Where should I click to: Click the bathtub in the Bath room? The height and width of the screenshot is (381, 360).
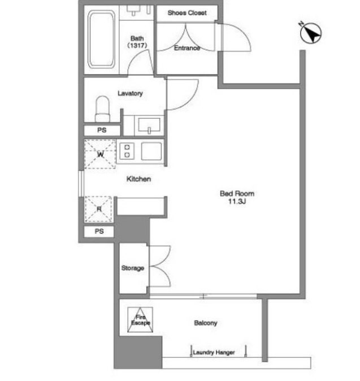pyautogui.click(x=101, y=40)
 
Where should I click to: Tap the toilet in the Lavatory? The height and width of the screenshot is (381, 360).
pyautogui.click(x=102, y=109)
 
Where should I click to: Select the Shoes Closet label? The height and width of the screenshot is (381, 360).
pyautogui.click(x=187, y=12)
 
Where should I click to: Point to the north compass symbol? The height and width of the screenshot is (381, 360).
pyautogui.click(x=311, y=33)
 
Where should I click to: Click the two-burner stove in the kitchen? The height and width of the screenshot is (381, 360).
pyautogui.click(x=127, y=151)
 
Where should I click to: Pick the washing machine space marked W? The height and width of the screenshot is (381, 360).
pyautogui.click(x=100, y=154)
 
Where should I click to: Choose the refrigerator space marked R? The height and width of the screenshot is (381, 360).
pyautogui.click(x=99, y=209)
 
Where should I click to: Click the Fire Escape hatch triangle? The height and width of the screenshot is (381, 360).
pyautogui.click(x=140, y=320)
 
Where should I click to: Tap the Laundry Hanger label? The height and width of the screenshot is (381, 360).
pyautogui.click(x=214, y=352)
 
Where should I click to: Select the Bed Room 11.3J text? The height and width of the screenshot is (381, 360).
pyautogui.click(x=237, y=197)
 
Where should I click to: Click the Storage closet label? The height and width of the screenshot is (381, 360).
pyautogui.click(x=133, y=268)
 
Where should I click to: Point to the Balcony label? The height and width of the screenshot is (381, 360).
pyautogui.click(x=206, y=323)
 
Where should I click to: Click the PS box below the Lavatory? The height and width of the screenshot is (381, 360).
pyautogui.click(x=102, y=130)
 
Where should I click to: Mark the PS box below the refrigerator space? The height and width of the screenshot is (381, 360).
pyautogui.click(x=99, y=231)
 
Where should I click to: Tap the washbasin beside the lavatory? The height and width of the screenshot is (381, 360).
pyautogui.click(x=149, y=125)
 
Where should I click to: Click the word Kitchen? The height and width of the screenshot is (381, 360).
pyautogui.click(x=138, y=179)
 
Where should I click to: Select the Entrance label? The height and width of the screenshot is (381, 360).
pyautogui.click(x=187, y=48)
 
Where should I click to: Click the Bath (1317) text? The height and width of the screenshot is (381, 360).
pyautogui.click(x=137, y=42)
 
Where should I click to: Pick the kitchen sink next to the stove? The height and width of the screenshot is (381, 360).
pyautogui.click(x=151, y=151)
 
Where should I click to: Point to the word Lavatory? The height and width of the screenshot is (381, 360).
pyautogui.click(x=130, y=93)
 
